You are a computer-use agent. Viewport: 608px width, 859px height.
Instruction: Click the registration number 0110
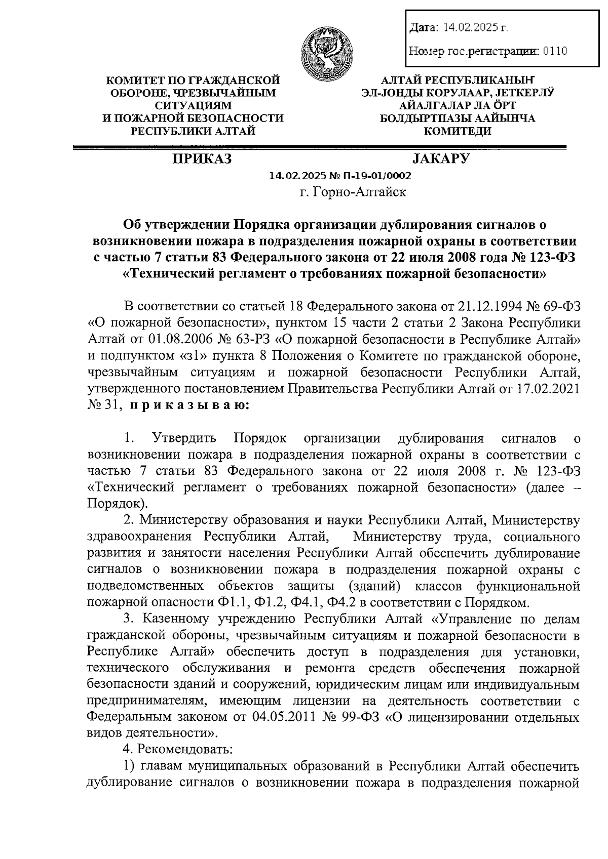click(x=555, y=51)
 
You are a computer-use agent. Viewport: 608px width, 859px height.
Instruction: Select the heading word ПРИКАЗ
click(x=201, y=159)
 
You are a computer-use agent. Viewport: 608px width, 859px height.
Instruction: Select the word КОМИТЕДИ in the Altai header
click(x=457, y=132)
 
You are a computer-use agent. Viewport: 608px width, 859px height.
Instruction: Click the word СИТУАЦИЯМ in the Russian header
click(x=193, y=106)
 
